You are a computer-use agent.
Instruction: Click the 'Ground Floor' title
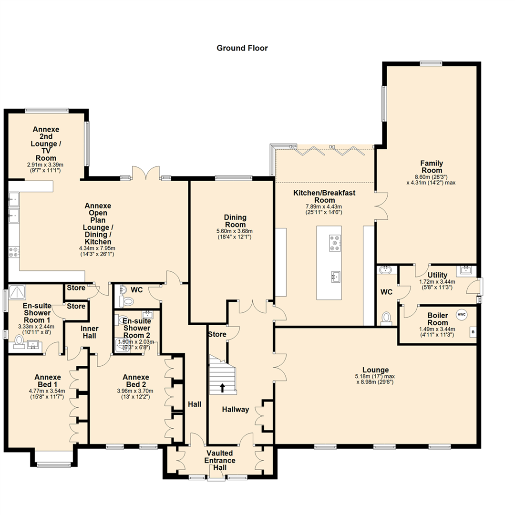point(242,48)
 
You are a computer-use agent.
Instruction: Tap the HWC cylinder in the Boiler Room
point(461,314)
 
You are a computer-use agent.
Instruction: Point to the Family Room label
point(431,167)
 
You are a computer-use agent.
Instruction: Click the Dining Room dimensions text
point(235,234)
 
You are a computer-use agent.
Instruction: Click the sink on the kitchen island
point(336,276)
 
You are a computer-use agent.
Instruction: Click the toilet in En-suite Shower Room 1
point(19,341)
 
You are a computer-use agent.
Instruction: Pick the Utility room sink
point(465,271)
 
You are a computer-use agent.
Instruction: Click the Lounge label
point(375,370)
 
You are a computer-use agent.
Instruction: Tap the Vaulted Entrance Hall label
point(220,460)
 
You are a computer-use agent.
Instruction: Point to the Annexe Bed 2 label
point(136,380)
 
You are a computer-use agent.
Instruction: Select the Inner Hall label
point(89,332)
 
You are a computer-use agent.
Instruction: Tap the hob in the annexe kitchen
point(13,251)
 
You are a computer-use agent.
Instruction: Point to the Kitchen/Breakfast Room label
point(324,196)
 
